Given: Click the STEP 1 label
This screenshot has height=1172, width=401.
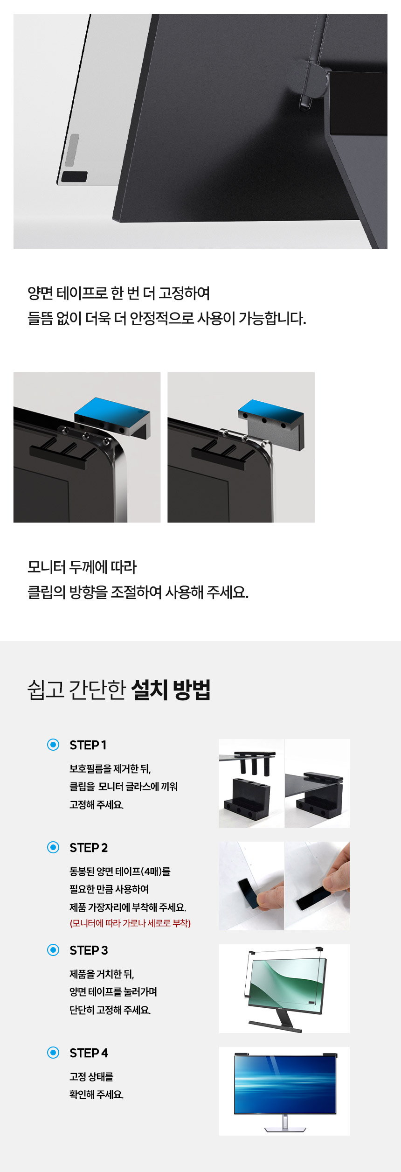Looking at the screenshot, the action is click(88, 745).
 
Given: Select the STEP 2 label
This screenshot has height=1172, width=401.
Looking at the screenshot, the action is click(89, 848).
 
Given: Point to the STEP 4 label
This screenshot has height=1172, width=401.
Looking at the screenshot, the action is click(89, 1053).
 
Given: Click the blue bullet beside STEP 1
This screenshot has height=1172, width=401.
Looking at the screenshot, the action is click(53, 745).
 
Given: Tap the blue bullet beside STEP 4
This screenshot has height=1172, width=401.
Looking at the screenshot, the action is click(53, 1053).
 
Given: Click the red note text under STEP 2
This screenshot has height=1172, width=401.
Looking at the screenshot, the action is click(130, 923).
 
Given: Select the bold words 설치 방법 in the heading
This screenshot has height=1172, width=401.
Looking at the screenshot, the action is click(171, 690).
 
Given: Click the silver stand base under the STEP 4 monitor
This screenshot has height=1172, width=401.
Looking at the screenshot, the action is click(285, 1129).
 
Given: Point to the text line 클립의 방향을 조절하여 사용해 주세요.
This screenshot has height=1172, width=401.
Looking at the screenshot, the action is click(138, 593).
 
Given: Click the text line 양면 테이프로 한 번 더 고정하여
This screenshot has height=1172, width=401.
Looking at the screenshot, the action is click(119, 293).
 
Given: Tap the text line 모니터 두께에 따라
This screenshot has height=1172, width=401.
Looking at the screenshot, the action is click(82, 567).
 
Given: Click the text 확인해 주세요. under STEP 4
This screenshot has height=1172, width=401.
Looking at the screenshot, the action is click(97, 1095).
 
